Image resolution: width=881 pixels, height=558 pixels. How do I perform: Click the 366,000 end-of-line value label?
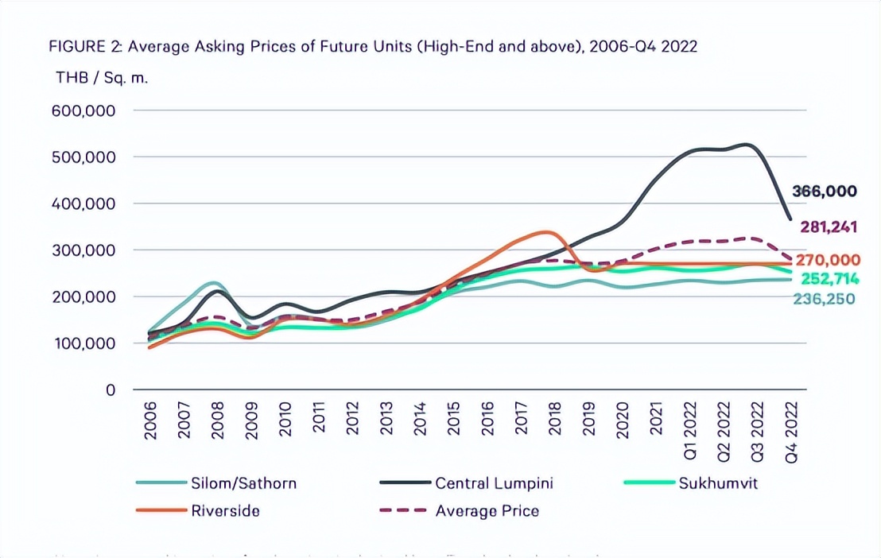coord(825,191)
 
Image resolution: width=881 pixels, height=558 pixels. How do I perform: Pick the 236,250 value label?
coord(825,299)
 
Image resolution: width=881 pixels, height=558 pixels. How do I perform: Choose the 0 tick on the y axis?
coord(111,390)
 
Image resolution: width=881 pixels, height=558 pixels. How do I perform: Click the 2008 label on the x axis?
coord(218,417)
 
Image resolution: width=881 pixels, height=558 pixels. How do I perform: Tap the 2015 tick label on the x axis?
coord(453,417)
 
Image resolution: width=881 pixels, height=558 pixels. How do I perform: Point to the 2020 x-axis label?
coord(622,417)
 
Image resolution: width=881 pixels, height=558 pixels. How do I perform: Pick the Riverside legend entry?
coord(225,510)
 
